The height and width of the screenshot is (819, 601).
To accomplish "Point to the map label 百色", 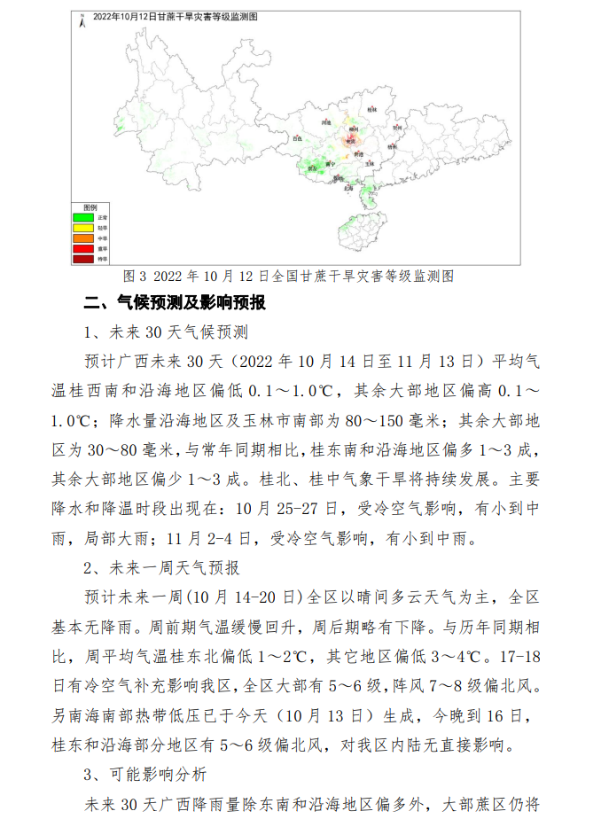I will tap(297, 139).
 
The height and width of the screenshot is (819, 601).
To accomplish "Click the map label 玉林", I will tap(371, 165).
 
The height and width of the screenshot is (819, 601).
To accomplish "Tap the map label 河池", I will tap(326, 122).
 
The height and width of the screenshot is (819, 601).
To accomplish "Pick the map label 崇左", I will tap(312, 168).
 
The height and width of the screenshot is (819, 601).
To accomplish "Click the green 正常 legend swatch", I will tap(83, 217).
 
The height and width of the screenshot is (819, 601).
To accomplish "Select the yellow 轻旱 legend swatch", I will tap(83, 228).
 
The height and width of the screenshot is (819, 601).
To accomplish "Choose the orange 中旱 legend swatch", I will tap(83, 238).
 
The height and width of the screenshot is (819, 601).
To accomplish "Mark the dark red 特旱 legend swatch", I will tap(83, 259).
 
